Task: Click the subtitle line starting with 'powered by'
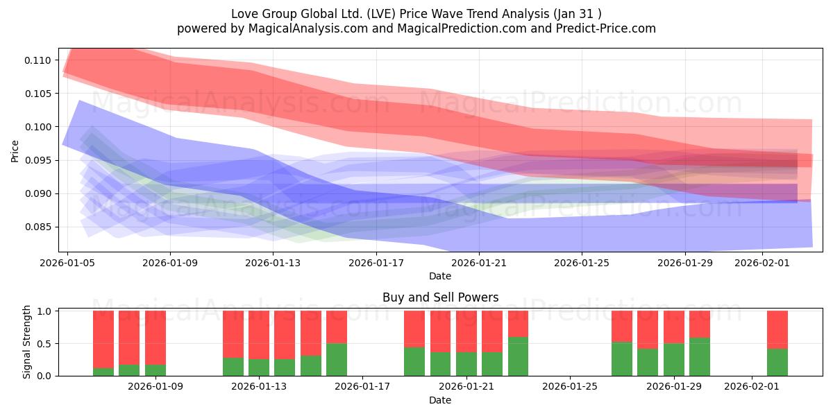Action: click(416, 28)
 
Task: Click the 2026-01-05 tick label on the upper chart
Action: click(67, 263)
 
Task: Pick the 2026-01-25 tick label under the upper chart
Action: click(582, 263)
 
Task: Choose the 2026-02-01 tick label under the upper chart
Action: click(762, 263)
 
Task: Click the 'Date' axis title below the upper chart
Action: click(440, 276)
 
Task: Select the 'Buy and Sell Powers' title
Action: click(440, 298)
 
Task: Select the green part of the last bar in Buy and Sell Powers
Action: click(777, 362)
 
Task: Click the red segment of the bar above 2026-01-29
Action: click(674, 327)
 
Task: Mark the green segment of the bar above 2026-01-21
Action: click(466, 364)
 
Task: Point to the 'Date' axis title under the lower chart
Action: click(440, 400)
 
